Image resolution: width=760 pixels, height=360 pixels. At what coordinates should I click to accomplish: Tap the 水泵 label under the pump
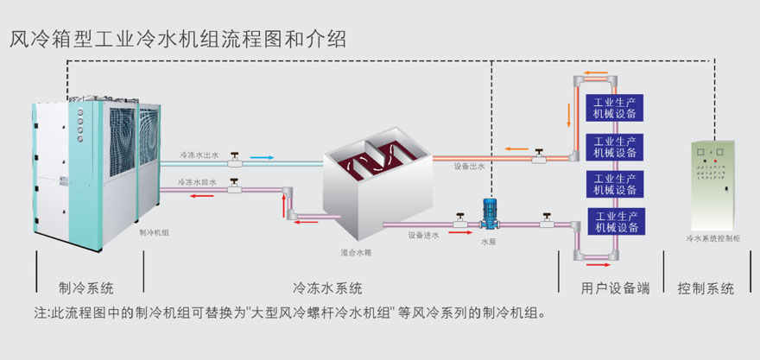point(490,243)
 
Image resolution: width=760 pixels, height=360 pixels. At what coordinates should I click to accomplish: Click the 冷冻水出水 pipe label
point(199,155)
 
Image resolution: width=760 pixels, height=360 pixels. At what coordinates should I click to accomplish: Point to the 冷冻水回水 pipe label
point(199,183)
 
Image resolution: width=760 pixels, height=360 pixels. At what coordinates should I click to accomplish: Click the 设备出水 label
point(470,167)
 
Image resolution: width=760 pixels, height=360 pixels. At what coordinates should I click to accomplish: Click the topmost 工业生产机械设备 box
point(617,108)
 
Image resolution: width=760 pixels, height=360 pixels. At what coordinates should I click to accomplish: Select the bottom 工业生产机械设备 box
point(617,222)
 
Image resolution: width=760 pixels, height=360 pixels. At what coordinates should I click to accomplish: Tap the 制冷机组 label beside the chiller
point(154,232)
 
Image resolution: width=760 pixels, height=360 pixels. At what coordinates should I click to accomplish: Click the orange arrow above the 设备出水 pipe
point(517,148)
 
